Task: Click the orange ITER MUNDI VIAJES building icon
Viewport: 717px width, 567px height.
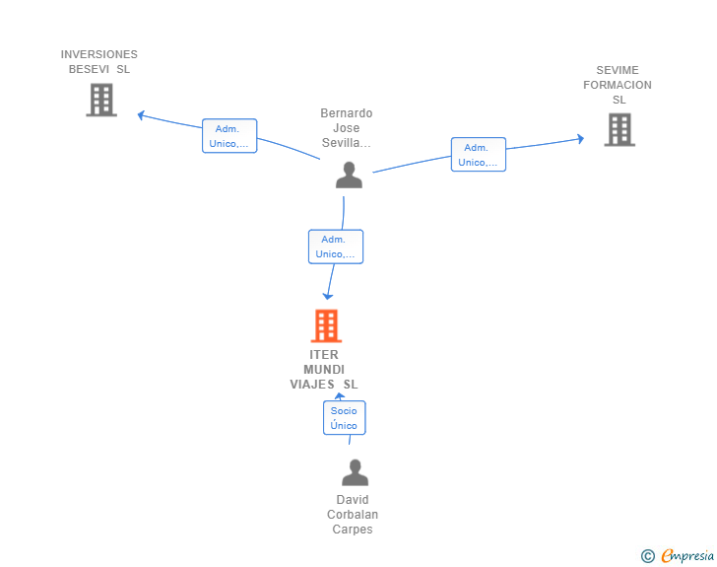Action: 327,325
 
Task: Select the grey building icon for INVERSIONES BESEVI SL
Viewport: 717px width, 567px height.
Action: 101,100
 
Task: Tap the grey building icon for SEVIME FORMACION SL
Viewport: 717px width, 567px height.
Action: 619,129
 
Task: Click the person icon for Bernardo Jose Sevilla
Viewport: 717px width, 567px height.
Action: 349,175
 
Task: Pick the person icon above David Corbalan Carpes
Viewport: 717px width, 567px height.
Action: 355,472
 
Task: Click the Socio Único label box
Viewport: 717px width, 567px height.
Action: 345,418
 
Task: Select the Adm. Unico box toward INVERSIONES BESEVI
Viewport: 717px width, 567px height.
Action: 229,136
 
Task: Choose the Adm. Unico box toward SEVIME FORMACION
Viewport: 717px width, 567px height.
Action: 479,155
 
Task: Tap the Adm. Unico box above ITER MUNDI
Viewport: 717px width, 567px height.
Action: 336,247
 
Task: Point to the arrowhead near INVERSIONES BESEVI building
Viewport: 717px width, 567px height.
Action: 141,115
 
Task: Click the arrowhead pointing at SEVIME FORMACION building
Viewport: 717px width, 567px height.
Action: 581,139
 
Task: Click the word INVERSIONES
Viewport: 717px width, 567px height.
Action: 99,54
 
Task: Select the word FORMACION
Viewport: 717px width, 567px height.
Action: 618,85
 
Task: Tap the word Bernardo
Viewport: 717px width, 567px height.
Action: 347,113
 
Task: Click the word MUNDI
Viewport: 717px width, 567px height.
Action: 324,369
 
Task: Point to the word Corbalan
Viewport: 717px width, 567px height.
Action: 353,515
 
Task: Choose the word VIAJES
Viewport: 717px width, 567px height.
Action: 312,385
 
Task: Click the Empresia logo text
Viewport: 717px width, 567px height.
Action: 687,556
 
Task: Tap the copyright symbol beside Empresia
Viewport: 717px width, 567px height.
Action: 648,556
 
